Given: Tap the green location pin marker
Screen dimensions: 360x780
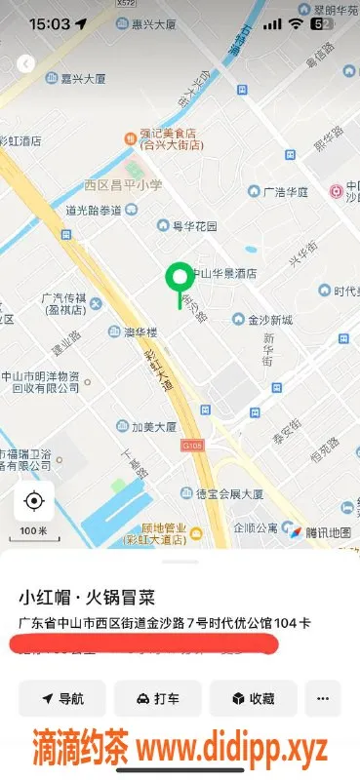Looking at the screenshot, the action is pos(179,279).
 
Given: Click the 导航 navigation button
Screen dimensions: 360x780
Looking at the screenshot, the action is pos(61,698).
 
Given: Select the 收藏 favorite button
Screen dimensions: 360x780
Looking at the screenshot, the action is pos(253,698).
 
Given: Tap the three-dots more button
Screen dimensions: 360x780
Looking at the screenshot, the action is pos(323,698).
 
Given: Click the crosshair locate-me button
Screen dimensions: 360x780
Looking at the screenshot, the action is pos(34,501).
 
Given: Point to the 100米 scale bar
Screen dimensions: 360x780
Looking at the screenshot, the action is pos(34,532).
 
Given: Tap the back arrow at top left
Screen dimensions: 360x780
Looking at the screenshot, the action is pos(25,63).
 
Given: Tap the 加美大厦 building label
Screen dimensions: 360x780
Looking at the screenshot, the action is pos(146,426).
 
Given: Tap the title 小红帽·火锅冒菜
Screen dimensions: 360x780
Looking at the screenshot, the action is pos(87,597).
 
